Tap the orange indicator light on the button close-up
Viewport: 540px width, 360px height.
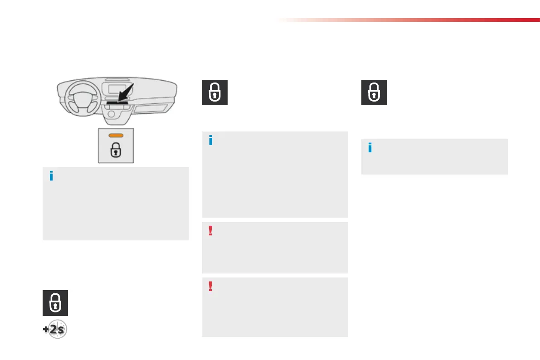click(117, 135)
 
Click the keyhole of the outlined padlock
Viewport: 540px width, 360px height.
click(117, 152)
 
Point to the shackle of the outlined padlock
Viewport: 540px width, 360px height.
click(117, 146)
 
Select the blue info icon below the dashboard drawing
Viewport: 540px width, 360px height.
click(51, 176)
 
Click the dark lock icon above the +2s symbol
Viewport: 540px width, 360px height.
click(55, 303)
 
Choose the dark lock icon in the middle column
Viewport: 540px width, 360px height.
click(214, 92)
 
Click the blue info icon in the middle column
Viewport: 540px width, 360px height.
click(210, 141)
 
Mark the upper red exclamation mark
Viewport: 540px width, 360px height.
click(210, 231)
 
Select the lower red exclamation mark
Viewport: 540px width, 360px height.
click(210, 287)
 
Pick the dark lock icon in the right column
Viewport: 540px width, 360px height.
click(374, 92)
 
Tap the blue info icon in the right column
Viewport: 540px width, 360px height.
click(370, 148)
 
